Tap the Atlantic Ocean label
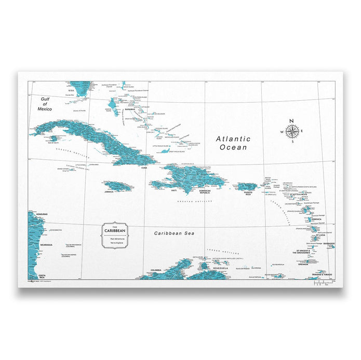pos(233,143)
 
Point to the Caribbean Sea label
pos(174,233)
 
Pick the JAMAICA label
pos(109,191)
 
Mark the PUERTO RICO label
pos(248,193)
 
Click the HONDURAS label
pos(42,214)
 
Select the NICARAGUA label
pos(46,244)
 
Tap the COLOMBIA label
pos(155,270)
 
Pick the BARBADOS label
pos(329,243)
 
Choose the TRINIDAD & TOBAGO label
pos(322,274)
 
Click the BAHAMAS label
pos(129,109)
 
